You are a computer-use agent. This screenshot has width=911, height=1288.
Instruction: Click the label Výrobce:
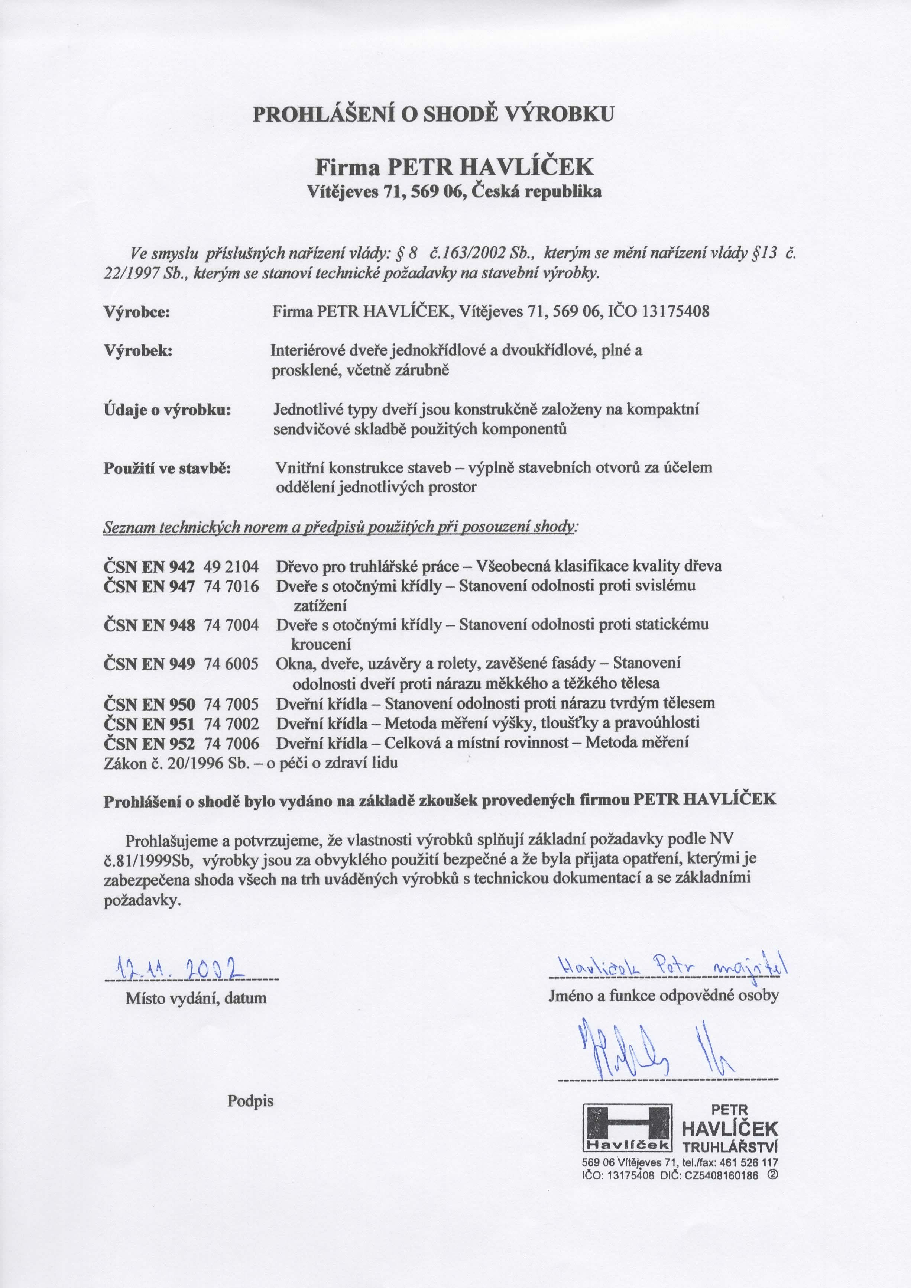point(137,312)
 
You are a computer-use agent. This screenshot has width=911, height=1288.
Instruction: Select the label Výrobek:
point(138,351)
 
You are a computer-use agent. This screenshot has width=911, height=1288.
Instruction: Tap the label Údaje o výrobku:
point(168,410)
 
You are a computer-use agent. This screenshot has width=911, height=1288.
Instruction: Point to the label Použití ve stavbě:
point(168,469)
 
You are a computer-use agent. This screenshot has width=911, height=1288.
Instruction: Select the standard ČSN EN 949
point(149,664)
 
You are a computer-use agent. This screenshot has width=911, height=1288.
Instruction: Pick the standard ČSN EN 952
point(149,743)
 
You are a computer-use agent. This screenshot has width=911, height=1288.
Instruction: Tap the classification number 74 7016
point(232,587)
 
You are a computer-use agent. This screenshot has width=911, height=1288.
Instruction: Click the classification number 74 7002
point(232,723)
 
